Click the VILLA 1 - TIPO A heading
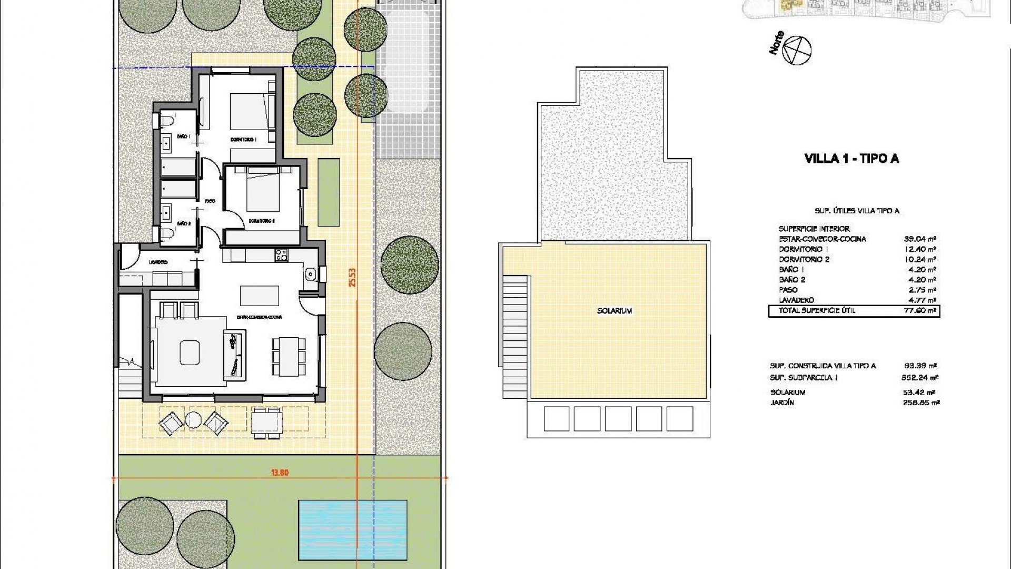[x=851, y=159]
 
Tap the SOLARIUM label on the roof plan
[x=614, y=311]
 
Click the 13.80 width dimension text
[x=280, y=473]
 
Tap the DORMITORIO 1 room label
[x=243, y=140]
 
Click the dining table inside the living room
[x=288, y=356]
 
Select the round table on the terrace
[x=193, y=420]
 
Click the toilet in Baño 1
[x=166, y=121]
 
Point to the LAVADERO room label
[x=158, y=262]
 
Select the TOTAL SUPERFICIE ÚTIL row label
[x=817, y=311]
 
